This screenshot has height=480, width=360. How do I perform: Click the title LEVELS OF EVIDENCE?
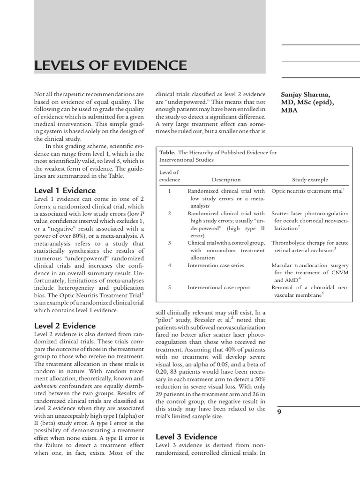pyautogui.click(x=111, y=65)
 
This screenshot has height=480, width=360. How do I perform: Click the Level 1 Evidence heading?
pyautogui.click(x=65, y=190)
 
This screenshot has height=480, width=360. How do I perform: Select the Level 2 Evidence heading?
pyautogui.click(x=65, y=326)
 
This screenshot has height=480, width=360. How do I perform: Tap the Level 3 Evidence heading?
pyautogui.click(x=186, y=437)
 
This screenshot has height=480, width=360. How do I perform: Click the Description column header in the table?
pyautogui.click(x=226, y=180)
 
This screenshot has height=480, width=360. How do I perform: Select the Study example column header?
pyautogui.click(x=310, y=180)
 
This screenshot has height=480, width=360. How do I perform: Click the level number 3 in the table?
pyautogui.click(x=170, y=243)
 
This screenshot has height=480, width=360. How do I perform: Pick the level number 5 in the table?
pyautogui.click(x=170, y=287)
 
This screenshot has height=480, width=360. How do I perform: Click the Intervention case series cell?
pyautogui.click(x=216, y=265)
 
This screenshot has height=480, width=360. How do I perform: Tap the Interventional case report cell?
pyautogui.click(x=219, y=287)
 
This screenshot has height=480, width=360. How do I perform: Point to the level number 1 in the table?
pyautogui.click(x=170, y=191)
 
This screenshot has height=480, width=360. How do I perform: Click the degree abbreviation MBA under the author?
pyautogui.click(x=289, y=111)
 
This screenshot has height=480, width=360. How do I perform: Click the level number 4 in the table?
pyautogui.click(x=170, y=265)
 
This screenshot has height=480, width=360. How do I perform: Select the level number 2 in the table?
pyautogui.click(x=170, y=213)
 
